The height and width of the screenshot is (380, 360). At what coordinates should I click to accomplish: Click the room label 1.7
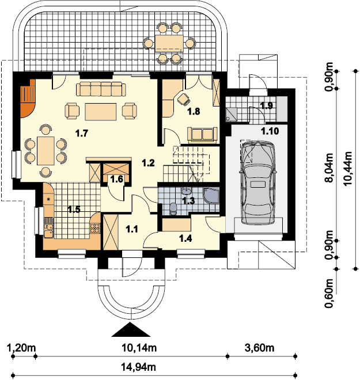[81, 133]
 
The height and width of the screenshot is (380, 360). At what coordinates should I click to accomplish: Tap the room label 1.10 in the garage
[270, 131]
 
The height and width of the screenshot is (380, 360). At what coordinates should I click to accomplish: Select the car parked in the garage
[258, 183]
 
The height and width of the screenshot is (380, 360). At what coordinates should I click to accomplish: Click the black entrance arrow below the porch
[131, 329]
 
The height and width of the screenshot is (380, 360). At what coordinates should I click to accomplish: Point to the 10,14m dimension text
[139, 348]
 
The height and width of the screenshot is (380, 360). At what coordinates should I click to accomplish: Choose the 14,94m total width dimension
[138, 367]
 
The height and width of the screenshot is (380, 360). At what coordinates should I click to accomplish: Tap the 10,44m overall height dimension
[347, 169]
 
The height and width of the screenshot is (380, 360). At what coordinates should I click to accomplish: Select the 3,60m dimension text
[260, 348]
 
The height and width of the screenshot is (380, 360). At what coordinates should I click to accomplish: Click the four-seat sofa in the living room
[101, 89]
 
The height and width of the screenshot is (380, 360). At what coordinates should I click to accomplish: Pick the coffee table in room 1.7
[101, 112]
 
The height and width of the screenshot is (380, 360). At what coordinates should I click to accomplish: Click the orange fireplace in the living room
[28, 98]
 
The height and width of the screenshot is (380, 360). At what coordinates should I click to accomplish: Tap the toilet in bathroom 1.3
[173, 208]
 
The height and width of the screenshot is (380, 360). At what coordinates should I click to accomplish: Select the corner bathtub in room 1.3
[211, 195]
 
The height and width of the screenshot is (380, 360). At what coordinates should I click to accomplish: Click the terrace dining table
[169, 43]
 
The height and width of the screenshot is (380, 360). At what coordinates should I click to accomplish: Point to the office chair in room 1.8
[183, 99]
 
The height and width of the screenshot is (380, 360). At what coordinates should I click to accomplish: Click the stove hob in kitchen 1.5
[95, 229]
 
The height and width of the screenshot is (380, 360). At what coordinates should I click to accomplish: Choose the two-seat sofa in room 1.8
[202, 134]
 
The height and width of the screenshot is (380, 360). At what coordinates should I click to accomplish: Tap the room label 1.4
[185, 238]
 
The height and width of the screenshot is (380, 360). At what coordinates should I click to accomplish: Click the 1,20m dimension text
[22, 348]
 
